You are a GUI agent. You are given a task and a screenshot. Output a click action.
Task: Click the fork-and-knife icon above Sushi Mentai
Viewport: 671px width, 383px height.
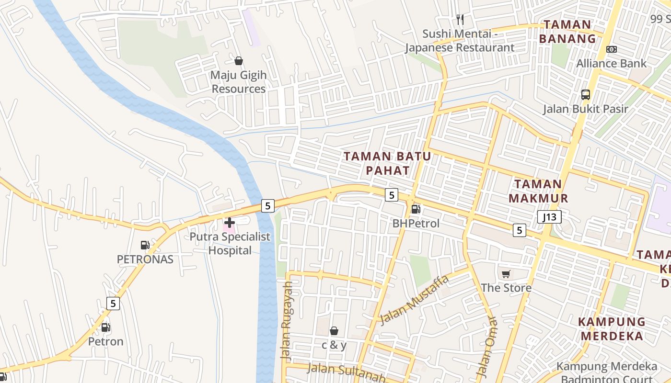click(460, 20)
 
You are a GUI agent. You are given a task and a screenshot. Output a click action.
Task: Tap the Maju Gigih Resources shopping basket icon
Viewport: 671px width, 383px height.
click(238, 61)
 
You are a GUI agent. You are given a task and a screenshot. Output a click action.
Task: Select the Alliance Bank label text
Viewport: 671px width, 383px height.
click(611, 63)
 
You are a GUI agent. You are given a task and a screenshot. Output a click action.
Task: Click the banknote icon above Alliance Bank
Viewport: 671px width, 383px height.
click(611, 49)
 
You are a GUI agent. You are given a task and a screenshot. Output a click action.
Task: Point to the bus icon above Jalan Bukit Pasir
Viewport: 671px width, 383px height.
click(585, 95)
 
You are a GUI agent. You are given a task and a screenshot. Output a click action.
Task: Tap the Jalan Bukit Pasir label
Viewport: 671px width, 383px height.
click(585, 109)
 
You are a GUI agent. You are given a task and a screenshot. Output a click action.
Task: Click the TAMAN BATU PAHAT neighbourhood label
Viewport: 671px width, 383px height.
click(387, 163)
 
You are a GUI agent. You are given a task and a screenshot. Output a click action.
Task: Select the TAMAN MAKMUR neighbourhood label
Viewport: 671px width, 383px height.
click(538, 191)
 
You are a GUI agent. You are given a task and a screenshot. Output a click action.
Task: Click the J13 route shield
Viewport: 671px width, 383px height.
click(549, 217)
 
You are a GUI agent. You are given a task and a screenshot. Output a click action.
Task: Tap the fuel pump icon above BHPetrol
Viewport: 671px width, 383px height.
click(416, 209)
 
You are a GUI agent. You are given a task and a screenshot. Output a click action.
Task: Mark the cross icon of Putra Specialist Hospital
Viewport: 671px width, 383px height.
click(229, 223)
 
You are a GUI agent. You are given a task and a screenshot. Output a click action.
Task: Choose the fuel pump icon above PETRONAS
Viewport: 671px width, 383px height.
click(145, 245)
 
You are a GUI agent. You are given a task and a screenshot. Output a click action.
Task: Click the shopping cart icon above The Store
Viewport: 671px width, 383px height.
click(506, 274)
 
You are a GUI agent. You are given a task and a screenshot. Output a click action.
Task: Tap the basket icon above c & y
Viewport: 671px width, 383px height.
click(334, 331)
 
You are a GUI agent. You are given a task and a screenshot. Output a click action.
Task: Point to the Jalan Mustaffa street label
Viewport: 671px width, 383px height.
click(414, 300)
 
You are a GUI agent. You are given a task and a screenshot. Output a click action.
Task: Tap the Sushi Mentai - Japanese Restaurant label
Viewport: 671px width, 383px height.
click(459, 41)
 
